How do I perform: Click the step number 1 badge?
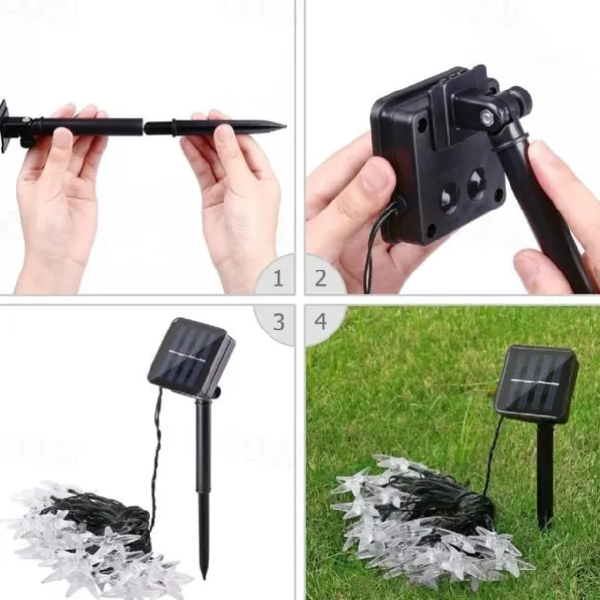click(x=278, y=277)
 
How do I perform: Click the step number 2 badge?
click(x=321, y=277)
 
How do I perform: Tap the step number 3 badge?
click(x=279, y=322)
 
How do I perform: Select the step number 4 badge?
click(x=321, y=321)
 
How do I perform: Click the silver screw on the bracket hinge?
click(x=487, y=115)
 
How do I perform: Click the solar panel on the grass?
click(x=536, y=384)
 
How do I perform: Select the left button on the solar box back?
click(x=449, y=197)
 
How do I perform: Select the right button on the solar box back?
click(x=477, y=183)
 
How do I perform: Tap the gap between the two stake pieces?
click(x=143, y=126)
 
